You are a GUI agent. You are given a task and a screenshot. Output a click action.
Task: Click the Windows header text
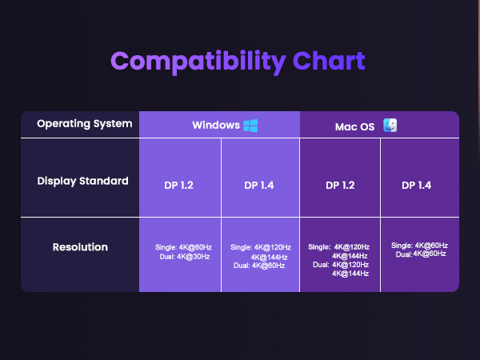pos(215,126)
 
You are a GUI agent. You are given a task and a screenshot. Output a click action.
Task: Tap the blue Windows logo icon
pos(250,126)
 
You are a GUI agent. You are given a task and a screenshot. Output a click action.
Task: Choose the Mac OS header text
pos(355,126)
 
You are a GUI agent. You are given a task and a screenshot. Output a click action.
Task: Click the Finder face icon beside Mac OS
pos(390,126)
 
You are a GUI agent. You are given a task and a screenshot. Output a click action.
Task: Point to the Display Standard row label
pos(82,181)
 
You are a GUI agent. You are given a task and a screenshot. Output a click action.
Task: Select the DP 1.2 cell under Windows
pos(179,185)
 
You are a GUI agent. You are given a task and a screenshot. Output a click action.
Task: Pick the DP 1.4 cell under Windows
pos(260,185)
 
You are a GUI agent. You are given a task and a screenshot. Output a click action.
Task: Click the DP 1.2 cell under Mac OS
pos(340,185)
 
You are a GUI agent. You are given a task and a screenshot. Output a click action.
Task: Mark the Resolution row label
pos(80,247)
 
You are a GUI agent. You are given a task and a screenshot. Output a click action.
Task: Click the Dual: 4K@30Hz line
pos(182,256)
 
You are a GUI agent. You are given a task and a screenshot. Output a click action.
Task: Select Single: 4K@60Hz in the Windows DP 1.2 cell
pos(182,247)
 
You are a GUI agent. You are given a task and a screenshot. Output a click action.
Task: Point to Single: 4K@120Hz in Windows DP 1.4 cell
pos(261,247)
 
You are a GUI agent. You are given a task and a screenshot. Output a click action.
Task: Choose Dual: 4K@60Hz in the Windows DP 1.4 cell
pos(259,265)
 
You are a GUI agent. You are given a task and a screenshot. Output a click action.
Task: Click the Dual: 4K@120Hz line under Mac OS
pos(341,264)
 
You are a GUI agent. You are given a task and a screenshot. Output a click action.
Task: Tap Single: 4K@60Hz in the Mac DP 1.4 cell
pos(420,245)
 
